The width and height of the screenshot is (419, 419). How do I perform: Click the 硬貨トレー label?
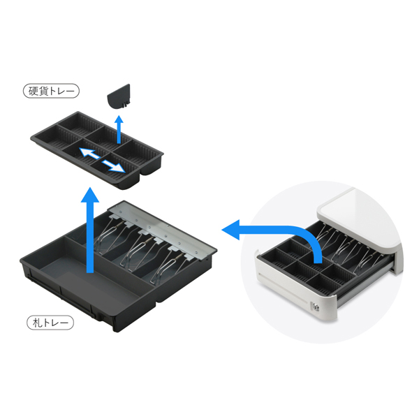click(51, 91)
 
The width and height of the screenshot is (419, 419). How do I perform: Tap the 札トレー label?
click(50, 323)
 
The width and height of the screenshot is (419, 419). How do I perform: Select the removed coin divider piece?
click(119, 96)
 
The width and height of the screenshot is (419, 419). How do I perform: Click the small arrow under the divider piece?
click(119, 129)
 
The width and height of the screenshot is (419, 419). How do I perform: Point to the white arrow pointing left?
click(89, 154)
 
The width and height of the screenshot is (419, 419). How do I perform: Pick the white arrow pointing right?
click(113, 166)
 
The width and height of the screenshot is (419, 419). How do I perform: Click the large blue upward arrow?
click(90, 230)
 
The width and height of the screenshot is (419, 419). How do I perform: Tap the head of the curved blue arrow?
click(231, 230)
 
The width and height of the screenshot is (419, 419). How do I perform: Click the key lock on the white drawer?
click(316, 307)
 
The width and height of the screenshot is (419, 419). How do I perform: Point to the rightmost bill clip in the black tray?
click(171, 263)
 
